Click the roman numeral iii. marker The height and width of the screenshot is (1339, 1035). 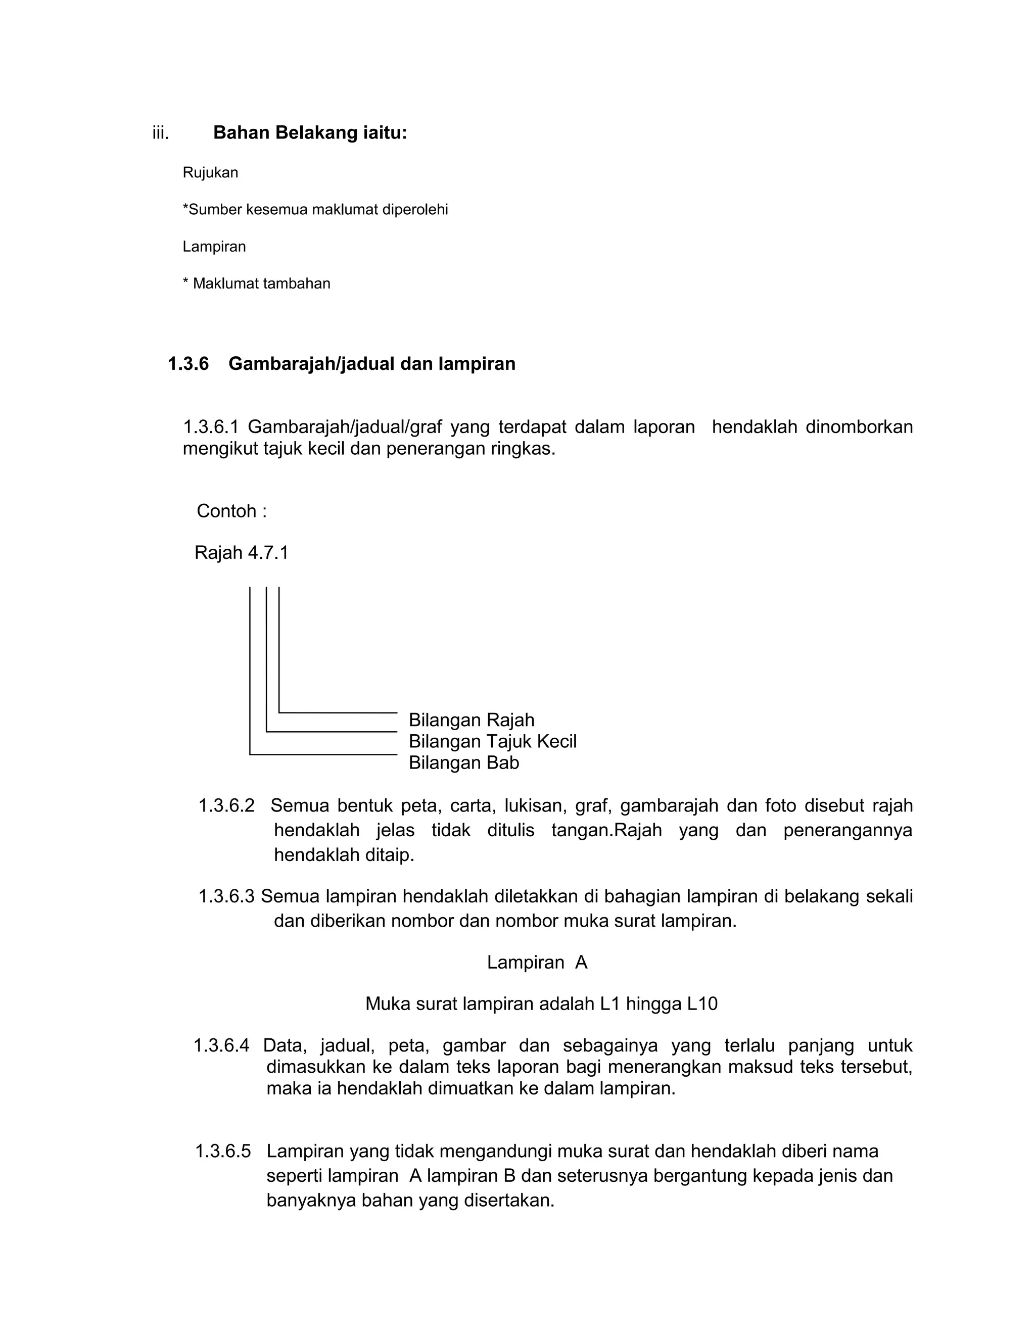point(161,133)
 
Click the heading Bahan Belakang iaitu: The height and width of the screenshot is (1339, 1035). point(310,132)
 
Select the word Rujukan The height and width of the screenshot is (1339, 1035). point(210,173)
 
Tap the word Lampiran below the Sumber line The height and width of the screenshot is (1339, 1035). point(214,247)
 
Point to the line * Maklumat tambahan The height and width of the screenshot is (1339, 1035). point(256,283)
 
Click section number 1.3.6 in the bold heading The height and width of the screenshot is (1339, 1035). point(188,364)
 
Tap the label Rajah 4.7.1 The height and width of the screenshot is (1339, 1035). point(241,552)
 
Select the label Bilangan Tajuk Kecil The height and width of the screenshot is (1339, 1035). point(492,741)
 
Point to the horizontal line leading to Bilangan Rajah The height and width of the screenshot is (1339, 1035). point(338,712)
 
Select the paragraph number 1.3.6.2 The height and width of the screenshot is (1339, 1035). point(226,805)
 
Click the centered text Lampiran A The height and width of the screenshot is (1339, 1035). point(537,962)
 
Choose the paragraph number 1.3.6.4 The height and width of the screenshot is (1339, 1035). point(221,1045)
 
